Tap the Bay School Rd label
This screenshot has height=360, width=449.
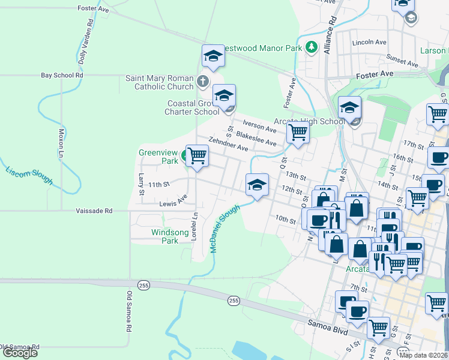click(x=61, y=75)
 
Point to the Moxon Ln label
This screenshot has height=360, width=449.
click(x=61, y=142)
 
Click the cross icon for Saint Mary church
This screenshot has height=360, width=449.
click(x=203, y=81)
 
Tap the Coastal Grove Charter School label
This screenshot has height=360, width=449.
click(x=193, y=107)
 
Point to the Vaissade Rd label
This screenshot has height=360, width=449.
click(x=94, y=211)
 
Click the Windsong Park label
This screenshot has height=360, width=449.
click(x=164, y=236)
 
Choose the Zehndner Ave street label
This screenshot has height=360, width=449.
click(x=228, y=144)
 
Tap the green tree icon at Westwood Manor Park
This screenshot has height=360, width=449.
click(x=311, y=47)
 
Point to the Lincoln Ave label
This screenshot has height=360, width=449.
click(x=369, y=43)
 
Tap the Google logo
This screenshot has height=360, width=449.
click(x=20, y=353)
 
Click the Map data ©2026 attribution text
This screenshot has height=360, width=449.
click(x=423, y=355)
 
